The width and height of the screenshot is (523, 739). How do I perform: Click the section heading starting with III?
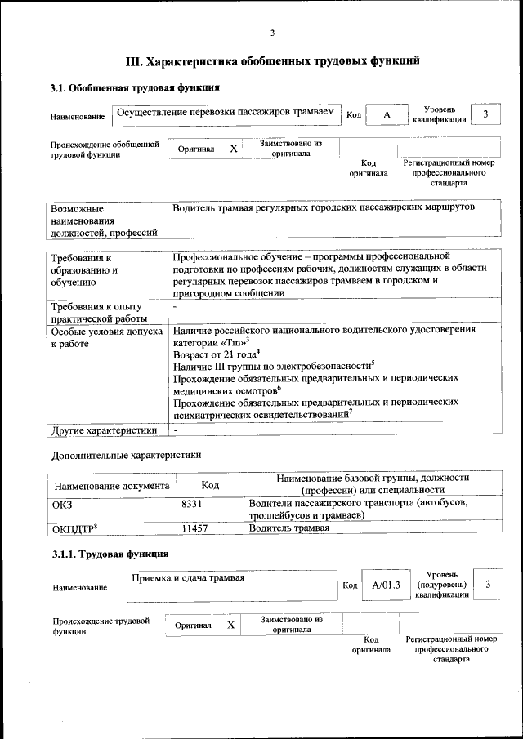[x=273, y=60]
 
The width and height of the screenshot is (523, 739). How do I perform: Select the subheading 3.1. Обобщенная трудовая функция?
[x=135, y=87]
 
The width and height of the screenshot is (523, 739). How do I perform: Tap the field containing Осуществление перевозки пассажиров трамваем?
[x=226, y=115]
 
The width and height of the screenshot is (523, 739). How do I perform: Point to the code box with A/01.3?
[x=386, y=585]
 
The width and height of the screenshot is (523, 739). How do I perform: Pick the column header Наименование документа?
[x=111, y=486]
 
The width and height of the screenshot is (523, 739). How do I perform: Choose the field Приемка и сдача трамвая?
[x=232, y=585]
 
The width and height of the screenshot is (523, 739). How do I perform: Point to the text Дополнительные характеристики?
[x=126, y=455]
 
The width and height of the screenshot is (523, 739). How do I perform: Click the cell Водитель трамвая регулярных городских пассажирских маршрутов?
[x=324, y=208]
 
